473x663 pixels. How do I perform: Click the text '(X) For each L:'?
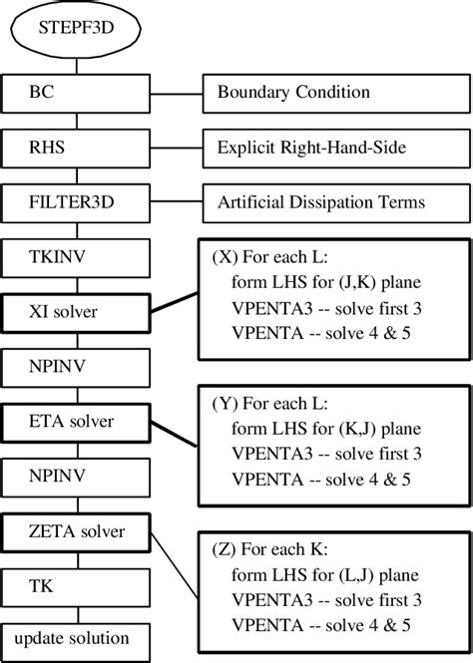tap(272, 255)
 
